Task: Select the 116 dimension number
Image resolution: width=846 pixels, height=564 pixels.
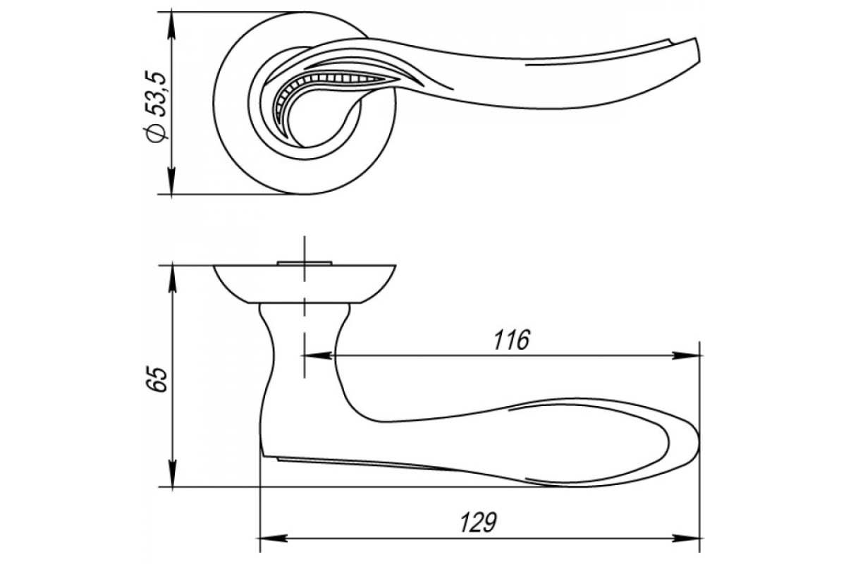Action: point(512,340)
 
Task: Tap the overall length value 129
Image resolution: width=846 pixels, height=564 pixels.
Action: point(478,522)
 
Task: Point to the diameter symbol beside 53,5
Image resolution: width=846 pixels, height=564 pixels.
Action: point(155,133)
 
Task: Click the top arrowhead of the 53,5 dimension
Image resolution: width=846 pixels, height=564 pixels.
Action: point(172,25)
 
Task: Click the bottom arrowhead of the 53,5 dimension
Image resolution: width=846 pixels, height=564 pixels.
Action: point(172,181)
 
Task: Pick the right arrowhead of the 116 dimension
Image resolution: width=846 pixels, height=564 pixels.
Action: point(686,355)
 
